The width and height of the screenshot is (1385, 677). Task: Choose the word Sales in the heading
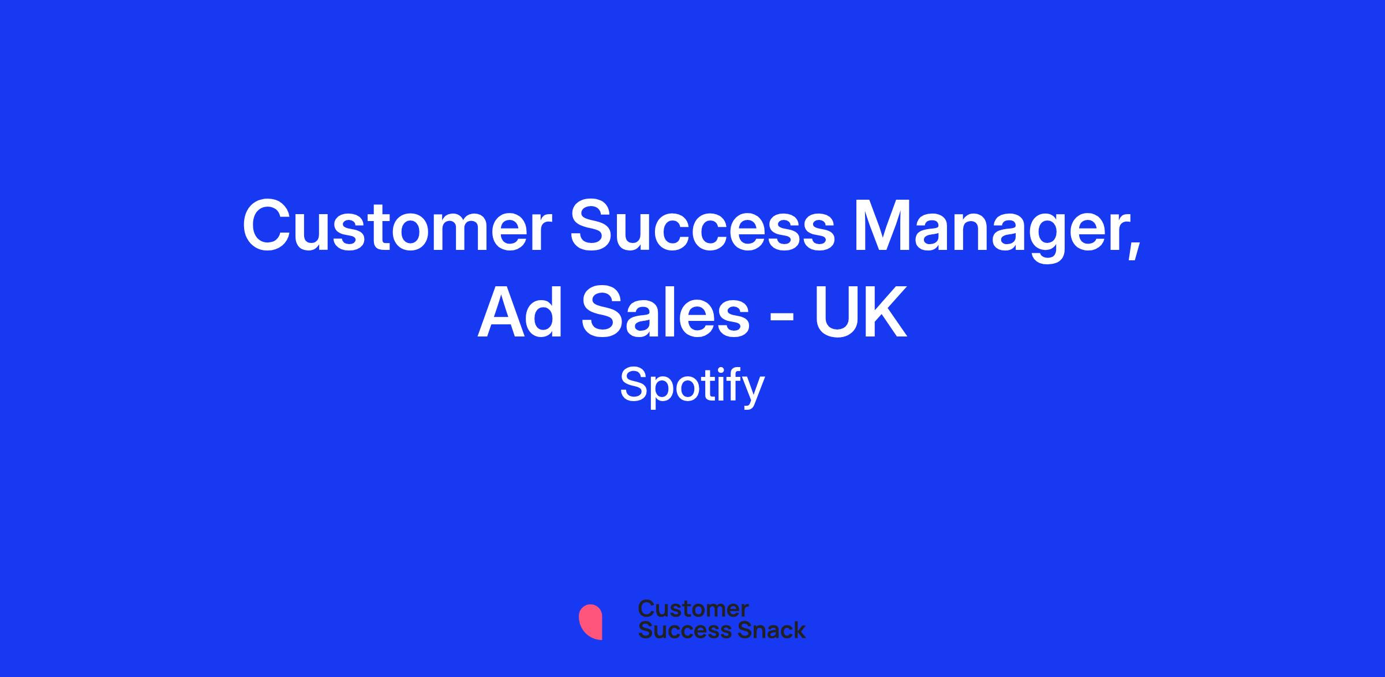[x=665, y=312]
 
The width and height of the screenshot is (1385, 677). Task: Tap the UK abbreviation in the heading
[x=860, y=312]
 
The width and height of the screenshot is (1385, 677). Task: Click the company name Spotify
[x=692, y=386]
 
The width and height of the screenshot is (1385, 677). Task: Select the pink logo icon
[x=590, y=622]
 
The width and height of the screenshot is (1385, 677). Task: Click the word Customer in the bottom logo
[x=693, y=608]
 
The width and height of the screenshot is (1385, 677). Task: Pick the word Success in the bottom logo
[x=677, y=630]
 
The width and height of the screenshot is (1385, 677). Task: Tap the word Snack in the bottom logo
[x=763, y=630]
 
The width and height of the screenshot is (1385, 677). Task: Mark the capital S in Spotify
[x=634, y=385]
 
